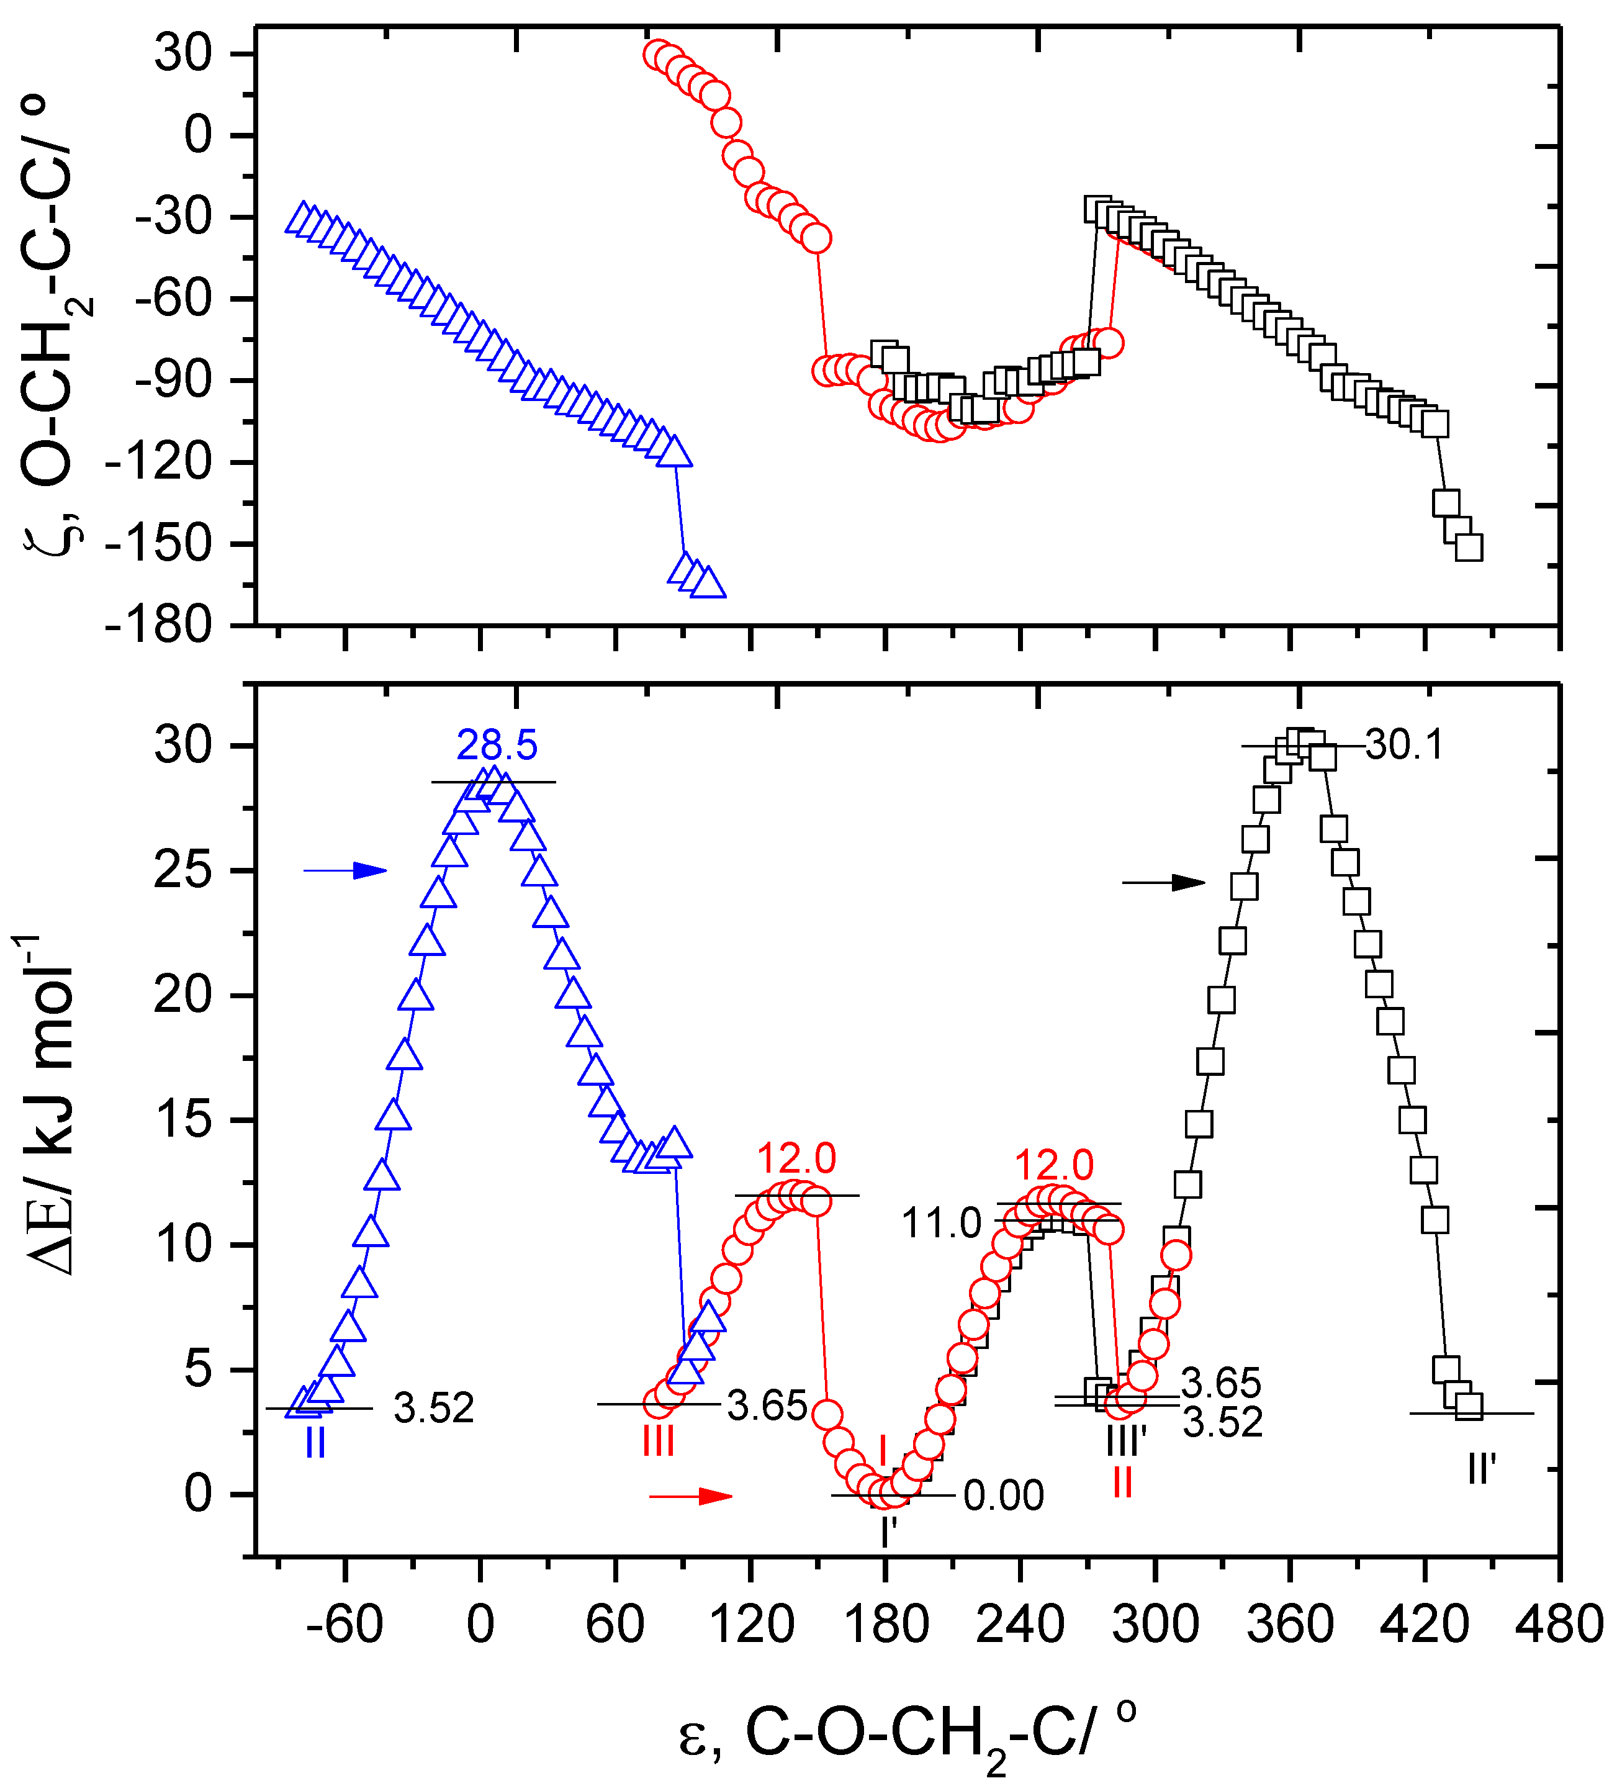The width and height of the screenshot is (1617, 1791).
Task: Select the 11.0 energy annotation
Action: (941, 1224)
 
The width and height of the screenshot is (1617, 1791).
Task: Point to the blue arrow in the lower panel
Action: (346, 870)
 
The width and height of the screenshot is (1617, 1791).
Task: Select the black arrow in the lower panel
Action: (1163, 882)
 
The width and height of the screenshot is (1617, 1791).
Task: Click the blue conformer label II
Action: (315, 1443)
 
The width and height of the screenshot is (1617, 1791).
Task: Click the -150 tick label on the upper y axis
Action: (160, 544)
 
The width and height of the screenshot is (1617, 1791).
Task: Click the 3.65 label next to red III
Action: (767, 1406)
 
